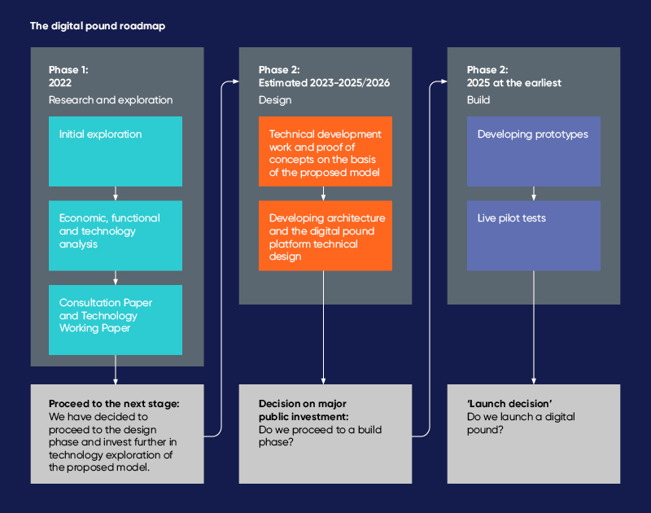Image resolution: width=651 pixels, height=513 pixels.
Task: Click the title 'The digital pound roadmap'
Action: [x=98, y=26]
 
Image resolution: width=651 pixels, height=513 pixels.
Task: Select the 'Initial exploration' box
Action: [x=116, y=151]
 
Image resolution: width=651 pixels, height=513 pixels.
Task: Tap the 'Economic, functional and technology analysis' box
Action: [x=116, y=235]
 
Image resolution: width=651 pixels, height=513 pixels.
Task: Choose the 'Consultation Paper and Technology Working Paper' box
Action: [x=116, y=319]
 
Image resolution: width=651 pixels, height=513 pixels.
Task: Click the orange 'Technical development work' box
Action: [x=325, y=151]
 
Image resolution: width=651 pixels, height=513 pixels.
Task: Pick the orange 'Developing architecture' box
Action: [x=325, y=235]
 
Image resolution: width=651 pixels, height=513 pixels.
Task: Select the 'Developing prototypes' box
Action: [x=534, y=151]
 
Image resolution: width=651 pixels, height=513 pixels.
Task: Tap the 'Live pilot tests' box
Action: [x=534, y=235]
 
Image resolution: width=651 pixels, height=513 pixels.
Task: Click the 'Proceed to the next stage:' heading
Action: [x=114, y=404]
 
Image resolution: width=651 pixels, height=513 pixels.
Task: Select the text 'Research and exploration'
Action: [x=111, y=100]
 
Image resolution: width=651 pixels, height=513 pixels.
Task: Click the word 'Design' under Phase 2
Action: [x=275, y=100]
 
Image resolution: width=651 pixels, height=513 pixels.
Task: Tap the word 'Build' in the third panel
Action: [x=478, y=100]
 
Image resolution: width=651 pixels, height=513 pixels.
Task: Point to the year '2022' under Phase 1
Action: [x=60, y=83]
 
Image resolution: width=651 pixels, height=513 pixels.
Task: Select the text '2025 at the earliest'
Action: [x=514, y=83]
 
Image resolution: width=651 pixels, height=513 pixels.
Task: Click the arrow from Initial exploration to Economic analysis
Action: [x=116, y=194]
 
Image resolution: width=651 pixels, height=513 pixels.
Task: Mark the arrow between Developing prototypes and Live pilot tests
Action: [x=534, y=194]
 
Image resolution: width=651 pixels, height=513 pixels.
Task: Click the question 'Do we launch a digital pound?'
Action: [x=521, y=423]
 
